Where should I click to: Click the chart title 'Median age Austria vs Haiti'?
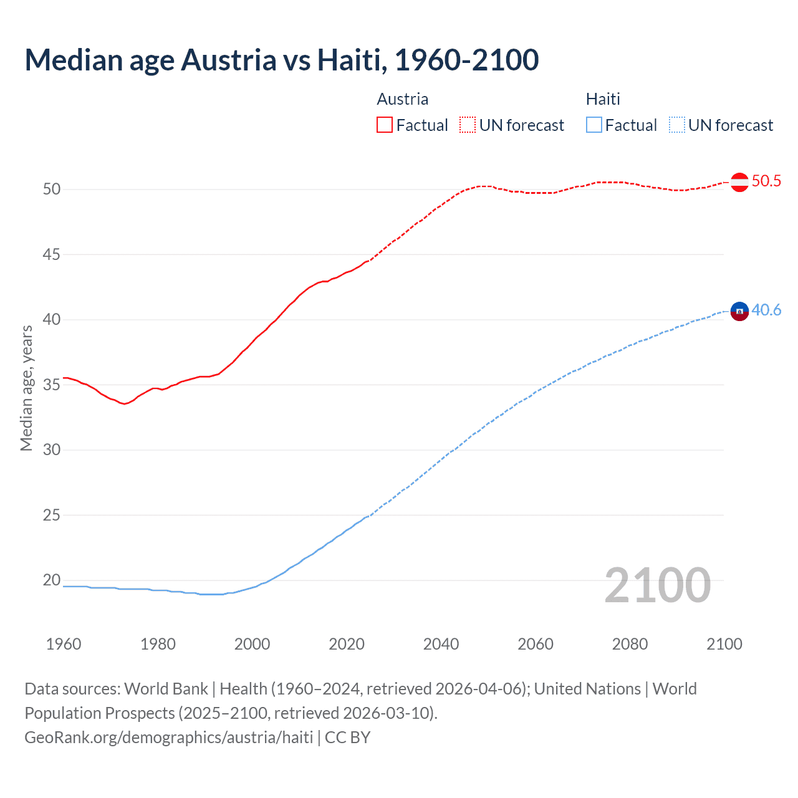(281, 60)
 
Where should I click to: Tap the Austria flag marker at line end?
(739, 182)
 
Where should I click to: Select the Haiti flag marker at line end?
(739, 310)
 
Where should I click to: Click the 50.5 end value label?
(766, 181)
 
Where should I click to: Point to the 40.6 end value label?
(766, 310)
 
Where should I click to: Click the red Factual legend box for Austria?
(385, 125)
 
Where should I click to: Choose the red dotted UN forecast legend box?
(468, 125)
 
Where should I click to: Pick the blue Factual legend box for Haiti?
(594, 125)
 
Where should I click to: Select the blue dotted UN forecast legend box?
(676, 125)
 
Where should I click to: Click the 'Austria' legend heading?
(403, 99)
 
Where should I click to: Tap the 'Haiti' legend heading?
(603, 99)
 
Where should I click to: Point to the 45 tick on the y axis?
(52, 254)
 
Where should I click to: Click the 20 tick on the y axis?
(52, 580)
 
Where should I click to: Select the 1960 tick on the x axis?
(64, 644)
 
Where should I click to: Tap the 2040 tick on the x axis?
(441, 644)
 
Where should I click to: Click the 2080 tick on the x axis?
(630, 644)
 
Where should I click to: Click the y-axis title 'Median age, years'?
(26, 388)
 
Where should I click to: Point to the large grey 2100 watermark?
(657, 585)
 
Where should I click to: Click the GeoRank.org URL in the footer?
(168, 738)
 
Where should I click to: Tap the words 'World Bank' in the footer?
(166, 689)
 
